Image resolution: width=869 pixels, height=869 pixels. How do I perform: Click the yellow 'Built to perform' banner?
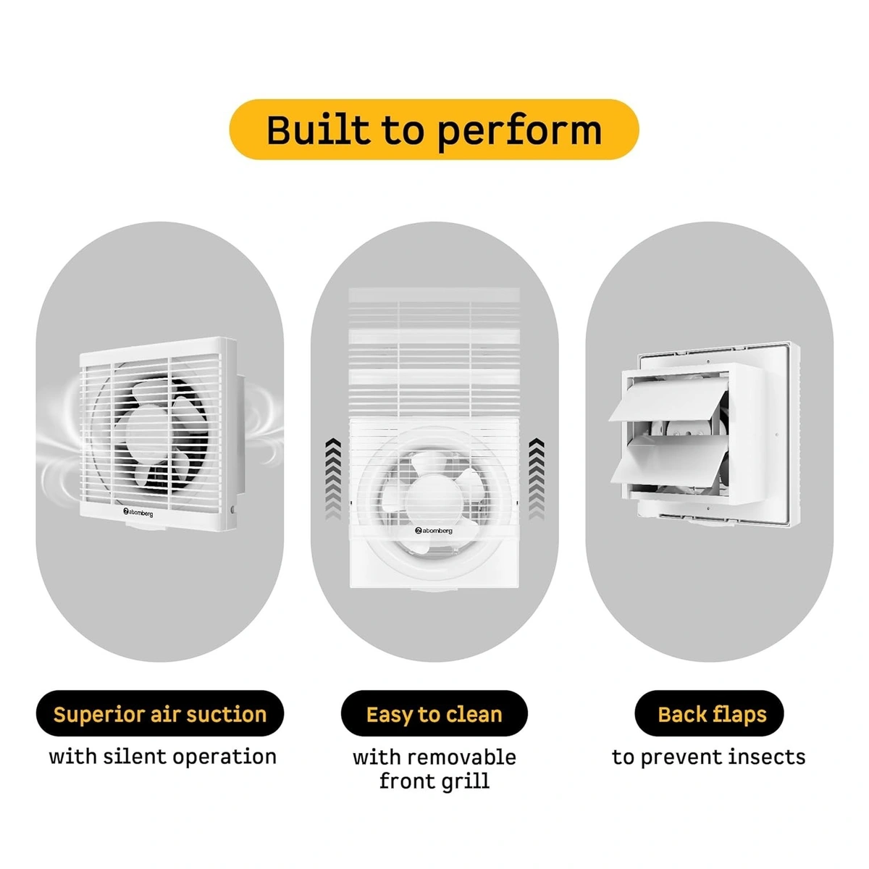434,130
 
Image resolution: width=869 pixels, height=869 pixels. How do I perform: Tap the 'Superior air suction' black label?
159,714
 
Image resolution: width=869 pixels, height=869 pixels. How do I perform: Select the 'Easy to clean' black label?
434,714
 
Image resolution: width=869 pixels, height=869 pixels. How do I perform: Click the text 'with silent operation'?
162,757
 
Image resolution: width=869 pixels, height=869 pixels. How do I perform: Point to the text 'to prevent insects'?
708,757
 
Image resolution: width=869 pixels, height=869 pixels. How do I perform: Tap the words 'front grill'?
434,781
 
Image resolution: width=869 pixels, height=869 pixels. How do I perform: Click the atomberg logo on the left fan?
138,512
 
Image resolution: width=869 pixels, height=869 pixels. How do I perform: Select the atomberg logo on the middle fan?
434,531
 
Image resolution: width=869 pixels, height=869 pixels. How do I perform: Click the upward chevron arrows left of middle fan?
332,479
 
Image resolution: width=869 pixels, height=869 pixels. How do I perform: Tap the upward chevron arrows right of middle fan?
536,479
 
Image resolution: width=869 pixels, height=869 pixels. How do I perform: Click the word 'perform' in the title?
519,130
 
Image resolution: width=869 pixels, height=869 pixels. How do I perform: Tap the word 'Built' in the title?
317,130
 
